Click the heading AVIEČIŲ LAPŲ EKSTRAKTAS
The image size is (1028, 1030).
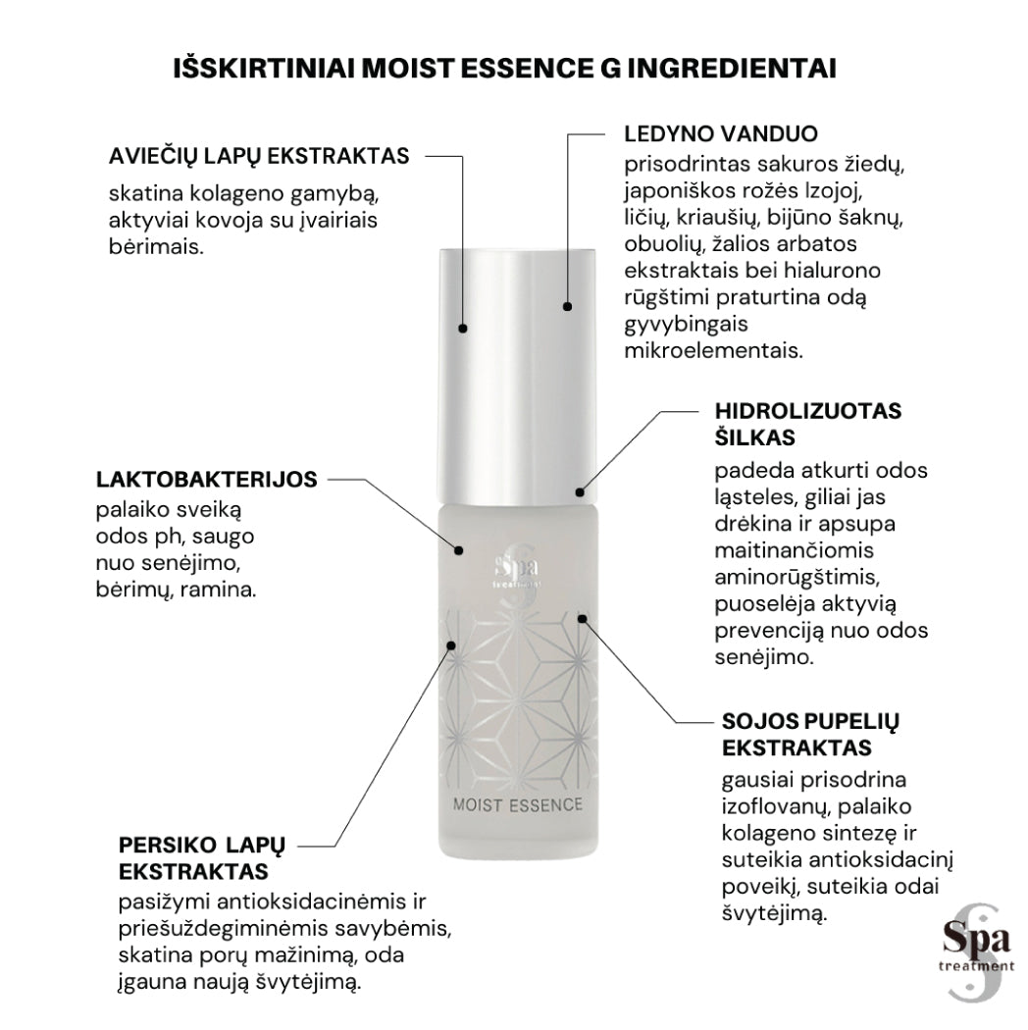point(259,156)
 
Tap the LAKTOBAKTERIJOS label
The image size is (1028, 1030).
point(206,480)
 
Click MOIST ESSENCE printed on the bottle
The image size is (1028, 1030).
point(518,806)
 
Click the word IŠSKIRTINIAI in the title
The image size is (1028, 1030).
point(264,69)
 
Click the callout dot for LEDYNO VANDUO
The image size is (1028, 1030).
point(567,307)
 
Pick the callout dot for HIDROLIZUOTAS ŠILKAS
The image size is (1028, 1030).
point(580,491)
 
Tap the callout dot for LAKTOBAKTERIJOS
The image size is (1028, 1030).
point(457,546)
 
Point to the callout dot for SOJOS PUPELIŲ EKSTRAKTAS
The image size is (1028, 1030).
point(582,618)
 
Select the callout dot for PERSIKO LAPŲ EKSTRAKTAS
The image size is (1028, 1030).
point(451,644)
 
